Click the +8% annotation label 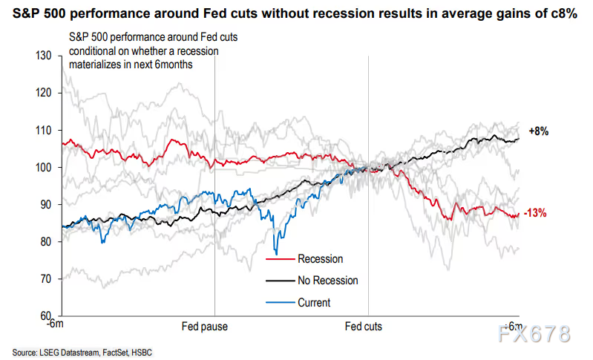pyautogui.click(x=538, y=131)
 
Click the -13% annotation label pyautogui.click(x=537, y=213)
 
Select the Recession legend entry pyautogui.click(x=320, y=259)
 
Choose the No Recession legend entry pyautogui.click(x=327, y=281)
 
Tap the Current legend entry pyautogui.click(x=314, y=302)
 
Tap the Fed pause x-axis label pyautogui.click(x=204, y=327)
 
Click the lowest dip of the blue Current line pyautogui.click(x=276, y=254)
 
